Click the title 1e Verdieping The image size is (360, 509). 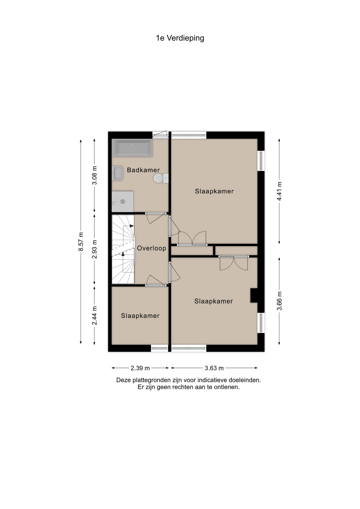pyautogui.click(x=180, y=38)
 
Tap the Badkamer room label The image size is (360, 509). pyautogui.click(x=143, y=170)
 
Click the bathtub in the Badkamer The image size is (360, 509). pyautogui.click(x=132, y=148)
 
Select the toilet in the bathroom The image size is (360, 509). pyautogui.click(x=160, y=178)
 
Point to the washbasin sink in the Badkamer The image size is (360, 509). pyautogui.click(x=117, y=173)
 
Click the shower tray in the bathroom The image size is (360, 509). pyautogui.click(x=122, y=201)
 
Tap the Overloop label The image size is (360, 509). pyautogui.click(x=151, y=248)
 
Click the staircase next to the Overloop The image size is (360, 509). pyautogui.click(x=123, y=249)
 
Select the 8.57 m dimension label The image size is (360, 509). pyautogui.click(x=81, y=242)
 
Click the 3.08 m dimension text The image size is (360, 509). pyautogui.click(x=94, y=175)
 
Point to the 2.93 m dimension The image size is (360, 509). pyautogui.click(x=94, y=249)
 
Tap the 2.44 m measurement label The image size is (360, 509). pyautogui.click(x=94, y=315)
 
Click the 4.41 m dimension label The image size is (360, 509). pyautogui.click(x=279, y=191)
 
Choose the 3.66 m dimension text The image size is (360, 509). pyautogui.click(x=279, y=301)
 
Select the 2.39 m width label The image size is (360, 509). pyautogui.click(x=140, y=368)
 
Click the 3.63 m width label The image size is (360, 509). pyautogui.click(x=214, y=368)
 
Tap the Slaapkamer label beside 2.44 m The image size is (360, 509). pyautogui.click(x=140, y=316)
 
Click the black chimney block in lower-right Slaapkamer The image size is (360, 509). pyautogui.click(x=254, y=295)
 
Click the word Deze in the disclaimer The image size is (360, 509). pyautogui.click(x=124, y=380)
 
